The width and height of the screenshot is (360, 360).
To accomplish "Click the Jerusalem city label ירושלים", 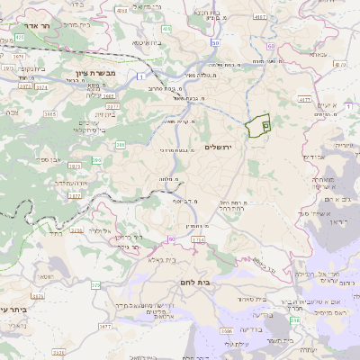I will pos(218,147).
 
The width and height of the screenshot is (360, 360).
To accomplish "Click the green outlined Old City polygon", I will pos(259,126).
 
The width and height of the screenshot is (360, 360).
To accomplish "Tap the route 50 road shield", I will pos(215,42).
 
